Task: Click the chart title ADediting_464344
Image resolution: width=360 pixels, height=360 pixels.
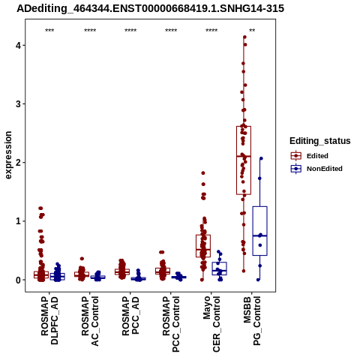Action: pos(150,9)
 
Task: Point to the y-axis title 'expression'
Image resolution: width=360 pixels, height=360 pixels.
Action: pos(8,155)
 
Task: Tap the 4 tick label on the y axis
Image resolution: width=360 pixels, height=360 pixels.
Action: pos(18,46)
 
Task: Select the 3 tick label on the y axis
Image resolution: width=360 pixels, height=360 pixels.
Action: pos(18,104)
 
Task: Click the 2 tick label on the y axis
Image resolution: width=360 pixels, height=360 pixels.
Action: pos(18,163)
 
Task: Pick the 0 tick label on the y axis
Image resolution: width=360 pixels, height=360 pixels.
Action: pos(18,280)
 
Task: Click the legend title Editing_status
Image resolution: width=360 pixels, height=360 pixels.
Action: pos(320,141)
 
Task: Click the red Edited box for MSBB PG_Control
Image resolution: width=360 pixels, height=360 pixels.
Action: pos(244,127)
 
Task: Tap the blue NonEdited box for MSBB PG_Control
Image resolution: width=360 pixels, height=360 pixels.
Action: pos(260,206)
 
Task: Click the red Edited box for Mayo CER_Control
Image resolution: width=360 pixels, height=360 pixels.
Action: pos(203,235)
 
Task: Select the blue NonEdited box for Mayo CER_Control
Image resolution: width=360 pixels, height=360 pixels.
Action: pos(219,262)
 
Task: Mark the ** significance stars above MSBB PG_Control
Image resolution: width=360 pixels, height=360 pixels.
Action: pos(252,31)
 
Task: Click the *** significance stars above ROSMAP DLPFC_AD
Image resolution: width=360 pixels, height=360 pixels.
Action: pos(49,31)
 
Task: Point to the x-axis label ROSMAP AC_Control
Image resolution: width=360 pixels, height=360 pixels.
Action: pos(90,321)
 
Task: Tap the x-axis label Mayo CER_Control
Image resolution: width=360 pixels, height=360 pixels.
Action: pos(211,324)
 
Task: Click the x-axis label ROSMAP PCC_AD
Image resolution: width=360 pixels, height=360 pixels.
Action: pos(130,316)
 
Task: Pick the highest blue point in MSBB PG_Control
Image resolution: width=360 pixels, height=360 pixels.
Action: pos(261,158)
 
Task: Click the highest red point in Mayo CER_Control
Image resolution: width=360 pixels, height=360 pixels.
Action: pos(203,173)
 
